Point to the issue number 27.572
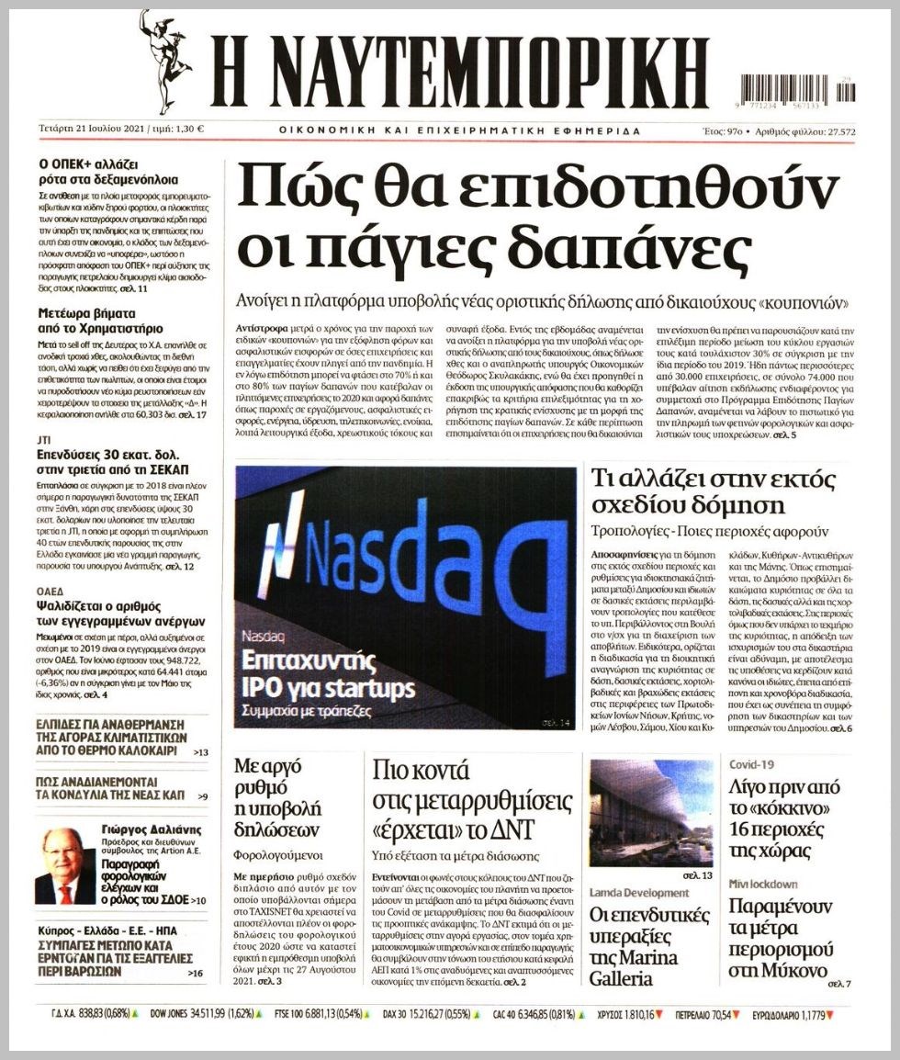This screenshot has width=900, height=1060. tap(835, 131)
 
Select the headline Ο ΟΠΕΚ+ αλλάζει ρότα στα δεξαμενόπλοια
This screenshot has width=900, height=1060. tap(108, 172)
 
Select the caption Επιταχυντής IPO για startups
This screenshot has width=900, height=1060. tap(328, 674)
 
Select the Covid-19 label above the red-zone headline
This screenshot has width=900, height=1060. tap(752, 764)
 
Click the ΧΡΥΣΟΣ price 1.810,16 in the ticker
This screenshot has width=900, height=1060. tap(630, 1015)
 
